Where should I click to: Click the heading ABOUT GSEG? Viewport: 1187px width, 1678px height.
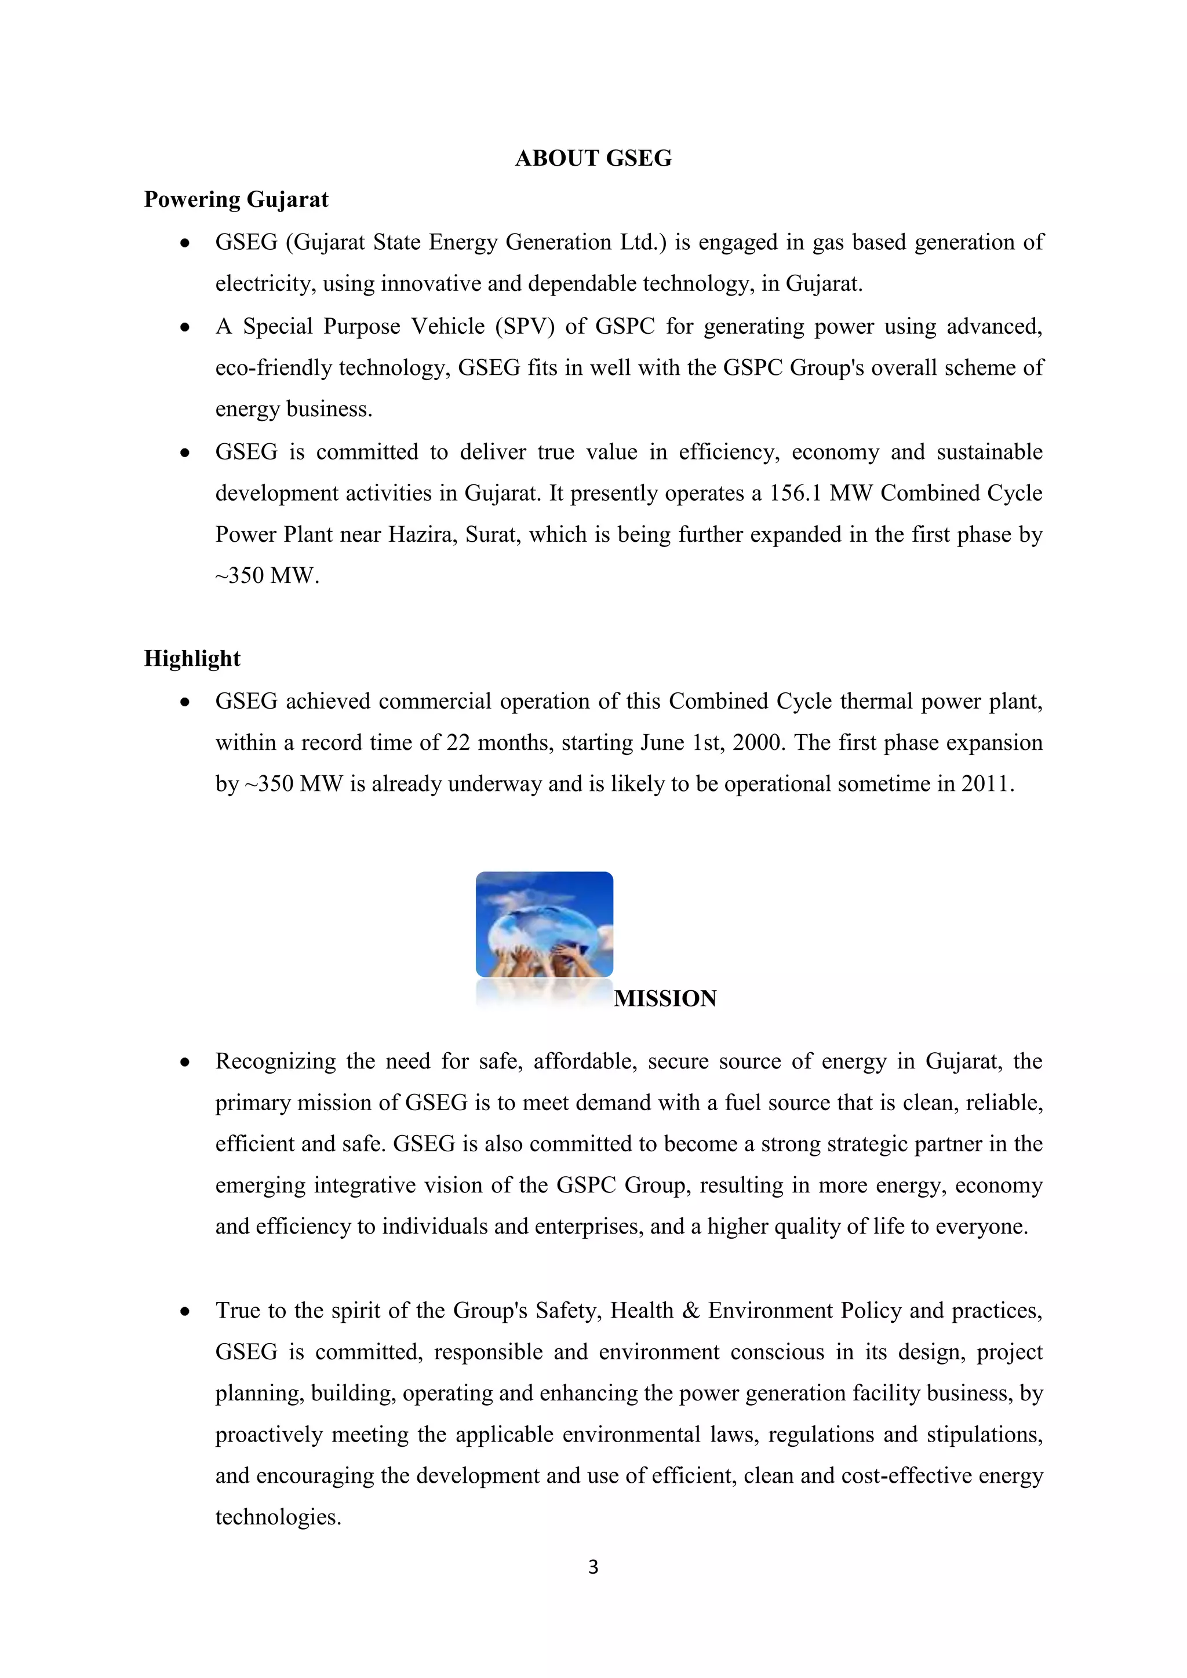click(x=593, y=159)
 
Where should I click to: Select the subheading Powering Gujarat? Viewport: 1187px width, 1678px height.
click(x=235, y=199)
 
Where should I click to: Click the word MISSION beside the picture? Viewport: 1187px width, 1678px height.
click(x=665, y=998)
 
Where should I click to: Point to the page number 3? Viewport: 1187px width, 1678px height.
click(x=593, y=1567)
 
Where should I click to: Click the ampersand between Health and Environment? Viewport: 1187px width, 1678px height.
click(x=690, y=1311)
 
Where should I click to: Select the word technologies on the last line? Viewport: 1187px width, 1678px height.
click(x=278, y=1518)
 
